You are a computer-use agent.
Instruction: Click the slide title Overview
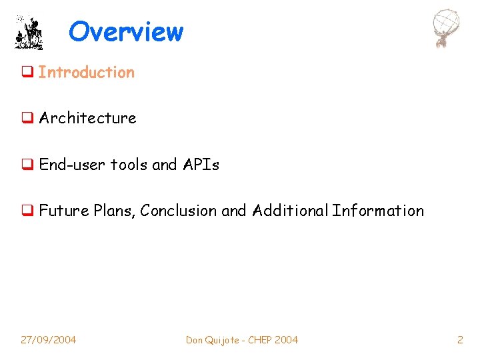[125, 31]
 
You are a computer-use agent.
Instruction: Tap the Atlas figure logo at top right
[446, 29]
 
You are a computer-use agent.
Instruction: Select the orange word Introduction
[87, 73]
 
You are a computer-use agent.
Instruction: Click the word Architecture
[87, 119]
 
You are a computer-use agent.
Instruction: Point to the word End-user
[73, 165]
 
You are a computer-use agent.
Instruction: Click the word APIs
[200, 165]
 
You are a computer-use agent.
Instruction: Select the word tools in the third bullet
[129, 165]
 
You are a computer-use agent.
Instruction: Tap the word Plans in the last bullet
[113, 211]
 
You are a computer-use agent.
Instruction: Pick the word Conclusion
[179, 211]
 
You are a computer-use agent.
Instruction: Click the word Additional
[291, 211]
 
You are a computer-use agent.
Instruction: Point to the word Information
[378, 211]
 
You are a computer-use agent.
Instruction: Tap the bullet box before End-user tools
[27, 165]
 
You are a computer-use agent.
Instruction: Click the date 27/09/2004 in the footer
[48, 340]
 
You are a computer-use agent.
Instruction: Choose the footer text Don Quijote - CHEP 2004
[242, 340]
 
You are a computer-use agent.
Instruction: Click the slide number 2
[460, 340]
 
